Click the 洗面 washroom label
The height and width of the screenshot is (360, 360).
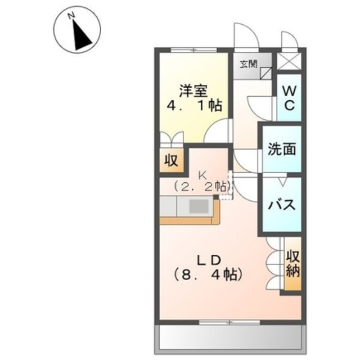281,150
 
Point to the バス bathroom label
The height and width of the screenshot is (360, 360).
281,204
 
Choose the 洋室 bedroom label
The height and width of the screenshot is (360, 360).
193,91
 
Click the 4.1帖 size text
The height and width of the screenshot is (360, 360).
193,105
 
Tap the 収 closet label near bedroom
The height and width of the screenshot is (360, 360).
170,161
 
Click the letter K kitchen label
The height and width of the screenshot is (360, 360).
201,174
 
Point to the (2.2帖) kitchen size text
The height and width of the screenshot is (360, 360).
201,186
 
